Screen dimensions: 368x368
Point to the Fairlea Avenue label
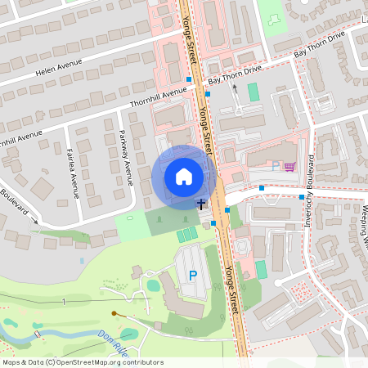74,167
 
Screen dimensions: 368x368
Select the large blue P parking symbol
193,276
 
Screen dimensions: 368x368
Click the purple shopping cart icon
289,167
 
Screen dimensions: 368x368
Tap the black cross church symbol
200,204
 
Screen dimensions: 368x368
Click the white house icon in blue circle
184,177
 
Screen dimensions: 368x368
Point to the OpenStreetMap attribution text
83,361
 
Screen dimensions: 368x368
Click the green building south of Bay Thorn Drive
254,92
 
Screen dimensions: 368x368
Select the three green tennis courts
187,236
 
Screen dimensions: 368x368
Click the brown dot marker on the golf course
114,312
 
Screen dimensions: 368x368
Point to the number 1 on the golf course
63,303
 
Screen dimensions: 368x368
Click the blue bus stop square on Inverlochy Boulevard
302,197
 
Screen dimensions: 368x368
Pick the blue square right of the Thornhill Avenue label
208,94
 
